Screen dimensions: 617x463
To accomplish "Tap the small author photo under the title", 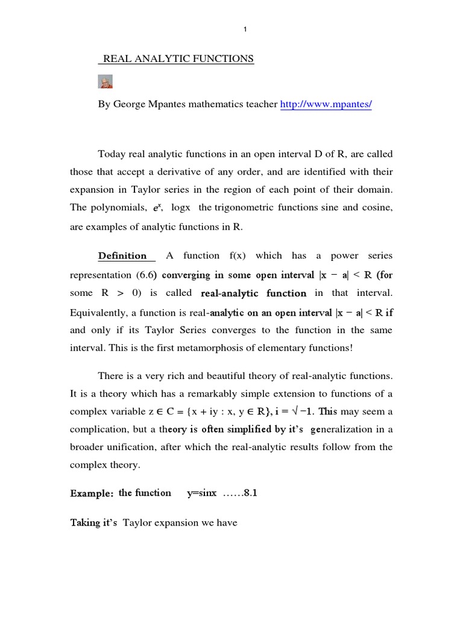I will (105, 82).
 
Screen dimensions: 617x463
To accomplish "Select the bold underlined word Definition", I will (122, 255).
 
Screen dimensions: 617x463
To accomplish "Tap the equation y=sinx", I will (203, 493).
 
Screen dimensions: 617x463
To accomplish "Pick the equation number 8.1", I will (250, 493).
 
